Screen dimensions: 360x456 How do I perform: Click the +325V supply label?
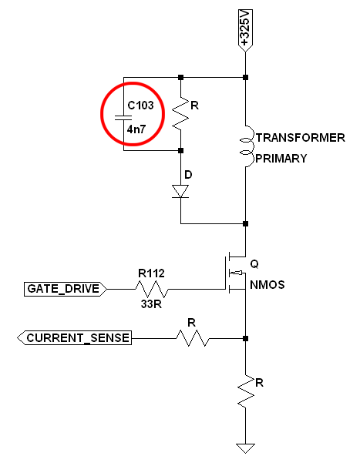[245, 30]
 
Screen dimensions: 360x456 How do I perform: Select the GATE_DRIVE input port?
[66, 289]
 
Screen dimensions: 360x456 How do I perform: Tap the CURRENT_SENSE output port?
[74, 337]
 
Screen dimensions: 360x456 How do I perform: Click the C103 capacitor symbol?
[123, 118]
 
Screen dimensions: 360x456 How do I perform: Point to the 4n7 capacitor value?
[136, 129]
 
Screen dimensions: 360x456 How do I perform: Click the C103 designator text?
[140, 105]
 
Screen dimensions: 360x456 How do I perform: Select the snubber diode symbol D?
[180, 191]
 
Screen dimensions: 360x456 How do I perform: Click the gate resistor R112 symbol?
[152, 289]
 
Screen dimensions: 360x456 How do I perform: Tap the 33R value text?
[151, 304]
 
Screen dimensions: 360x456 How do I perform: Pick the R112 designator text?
[151, 273]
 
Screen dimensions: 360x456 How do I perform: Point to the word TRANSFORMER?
[301, 138]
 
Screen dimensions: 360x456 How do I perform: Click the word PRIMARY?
[281, 159]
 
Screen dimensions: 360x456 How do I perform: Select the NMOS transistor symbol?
[235, 273]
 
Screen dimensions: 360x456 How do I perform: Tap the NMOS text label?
[267, 285]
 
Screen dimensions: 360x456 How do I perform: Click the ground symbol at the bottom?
[245, 448]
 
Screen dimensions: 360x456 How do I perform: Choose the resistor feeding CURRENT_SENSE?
[193, 338]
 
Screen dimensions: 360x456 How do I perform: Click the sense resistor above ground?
[246, 391]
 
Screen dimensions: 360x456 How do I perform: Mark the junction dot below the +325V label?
[245, 77]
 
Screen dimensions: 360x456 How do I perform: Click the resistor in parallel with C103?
[180, 113]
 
